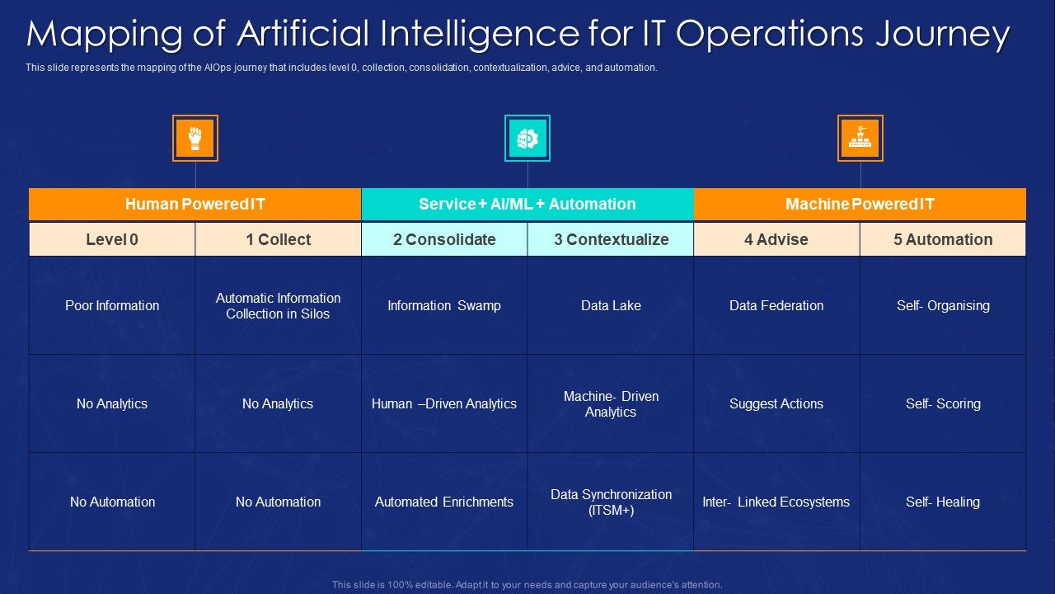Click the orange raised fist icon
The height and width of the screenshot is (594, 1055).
pos(195,138)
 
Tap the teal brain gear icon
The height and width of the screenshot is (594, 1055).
pos(527,138)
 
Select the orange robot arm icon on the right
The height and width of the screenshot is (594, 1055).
pos(860,138)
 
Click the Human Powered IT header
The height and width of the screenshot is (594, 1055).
pos(195,204)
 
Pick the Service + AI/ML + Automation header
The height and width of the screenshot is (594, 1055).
pos(527,204)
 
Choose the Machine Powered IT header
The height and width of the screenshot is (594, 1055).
pos(860,204)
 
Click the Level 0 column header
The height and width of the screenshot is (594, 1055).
pos(112,239)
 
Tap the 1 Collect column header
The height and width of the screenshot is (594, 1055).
pos(278,239)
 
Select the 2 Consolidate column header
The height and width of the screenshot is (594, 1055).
pos(444,239)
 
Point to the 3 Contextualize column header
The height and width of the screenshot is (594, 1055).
pos(611,239)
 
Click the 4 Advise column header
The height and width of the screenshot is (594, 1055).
pos(776,239)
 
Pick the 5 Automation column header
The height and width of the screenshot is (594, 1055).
pos(943,239)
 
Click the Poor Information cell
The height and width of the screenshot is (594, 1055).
pos(112,305)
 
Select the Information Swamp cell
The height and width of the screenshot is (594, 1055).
pos(444,305)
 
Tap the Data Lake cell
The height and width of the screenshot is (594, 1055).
pos(611,305)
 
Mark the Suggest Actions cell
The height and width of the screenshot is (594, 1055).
pos(776,403)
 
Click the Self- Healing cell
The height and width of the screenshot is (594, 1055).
pos(943,502)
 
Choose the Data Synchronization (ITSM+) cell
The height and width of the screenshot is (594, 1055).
pos(611,502)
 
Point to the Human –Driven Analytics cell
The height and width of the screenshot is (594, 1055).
pos(444,403)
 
